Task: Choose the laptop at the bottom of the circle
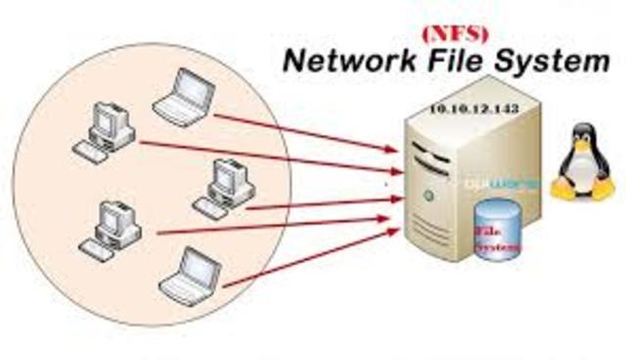(190, 270)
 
